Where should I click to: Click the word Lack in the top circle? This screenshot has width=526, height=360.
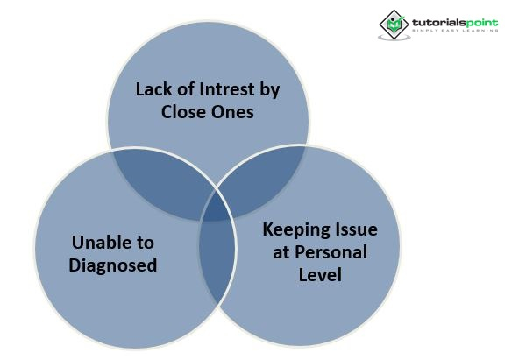point(153,89)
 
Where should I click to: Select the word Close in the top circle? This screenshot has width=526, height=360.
point(185,112)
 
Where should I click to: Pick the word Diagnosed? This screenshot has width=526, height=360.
point(113,264)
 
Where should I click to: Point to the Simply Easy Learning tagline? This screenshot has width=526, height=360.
point(456,31)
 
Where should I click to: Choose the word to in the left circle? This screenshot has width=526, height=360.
point(141,241)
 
